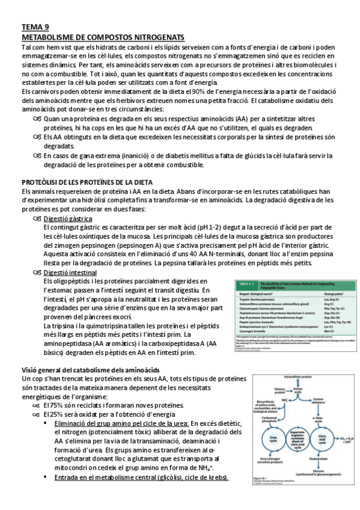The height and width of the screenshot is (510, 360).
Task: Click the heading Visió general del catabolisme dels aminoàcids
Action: click(90, 369)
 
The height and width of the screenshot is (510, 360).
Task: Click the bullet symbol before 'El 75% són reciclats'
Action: click(36, 405)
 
